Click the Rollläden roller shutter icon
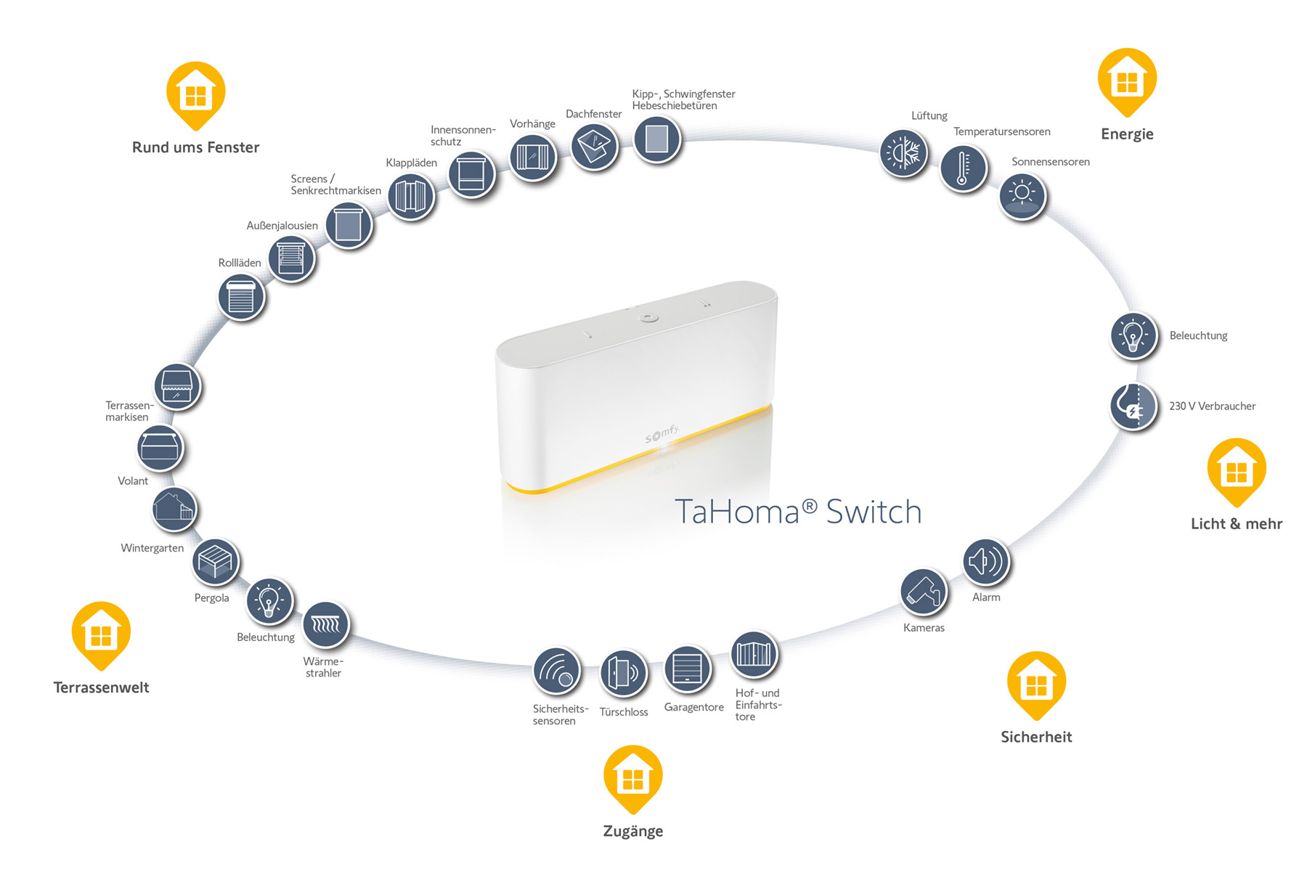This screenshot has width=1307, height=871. tap(241, 297)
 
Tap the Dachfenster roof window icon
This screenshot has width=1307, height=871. tap(594, 147)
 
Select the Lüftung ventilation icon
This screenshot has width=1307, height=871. tap(903, 153)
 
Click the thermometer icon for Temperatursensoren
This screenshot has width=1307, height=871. tap(963, 168)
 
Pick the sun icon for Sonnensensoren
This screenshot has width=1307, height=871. tap(1022, 195)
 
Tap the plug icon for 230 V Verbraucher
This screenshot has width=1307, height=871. tap(1133, 406)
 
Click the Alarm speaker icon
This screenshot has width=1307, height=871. tap(986, 562)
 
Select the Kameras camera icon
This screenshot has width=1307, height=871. tap(924, 592)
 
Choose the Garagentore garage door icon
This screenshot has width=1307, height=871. tap(687, 669)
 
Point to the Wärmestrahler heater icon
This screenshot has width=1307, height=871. tap(325, 624)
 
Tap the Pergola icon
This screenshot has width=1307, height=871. tap(215, 562)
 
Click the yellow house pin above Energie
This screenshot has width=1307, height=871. tap(1127, 81)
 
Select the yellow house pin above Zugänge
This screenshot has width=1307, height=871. tap(632, 777)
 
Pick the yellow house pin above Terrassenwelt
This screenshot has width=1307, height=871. tap(101, 634)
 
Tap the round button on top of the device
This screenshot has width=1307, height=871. tap(648, 318)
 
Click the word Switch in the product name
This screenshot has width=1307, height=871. tap(874, 512)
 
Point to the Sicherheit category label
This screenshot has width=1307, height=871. tap(1036, 737)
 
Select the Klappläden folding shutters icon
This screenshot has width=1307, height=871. tap(411, 196)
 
